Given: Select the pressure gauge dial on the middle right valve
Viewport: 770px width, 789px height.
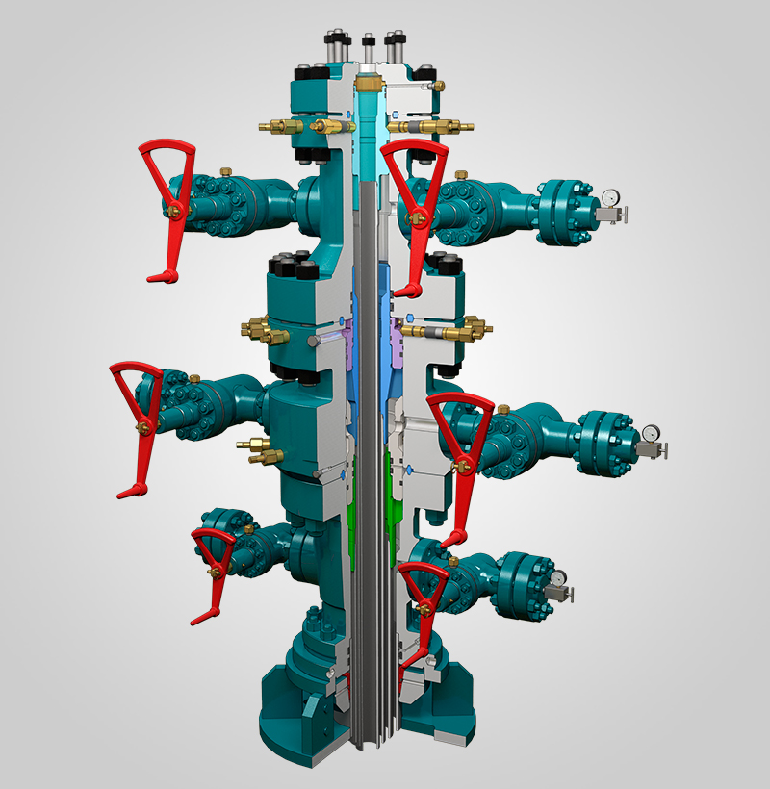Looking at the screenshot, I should tap(652, 432).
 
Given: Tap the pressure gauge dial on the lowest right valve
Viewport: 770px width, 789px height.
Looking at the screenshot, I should tap(558, 578).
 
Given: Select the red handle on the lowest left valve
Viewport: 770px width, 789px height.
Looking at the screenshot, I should tap(214, 568).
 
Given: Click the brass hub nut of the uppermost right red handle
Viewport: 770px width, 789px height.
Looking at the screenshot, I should tap(417, 218).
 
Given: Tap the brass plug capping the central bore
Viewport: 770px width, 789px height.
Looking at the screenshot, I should tap(367, 85).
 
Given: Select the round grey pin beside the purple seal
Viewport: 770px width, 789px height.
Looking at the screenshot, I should tap(316, 341).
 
